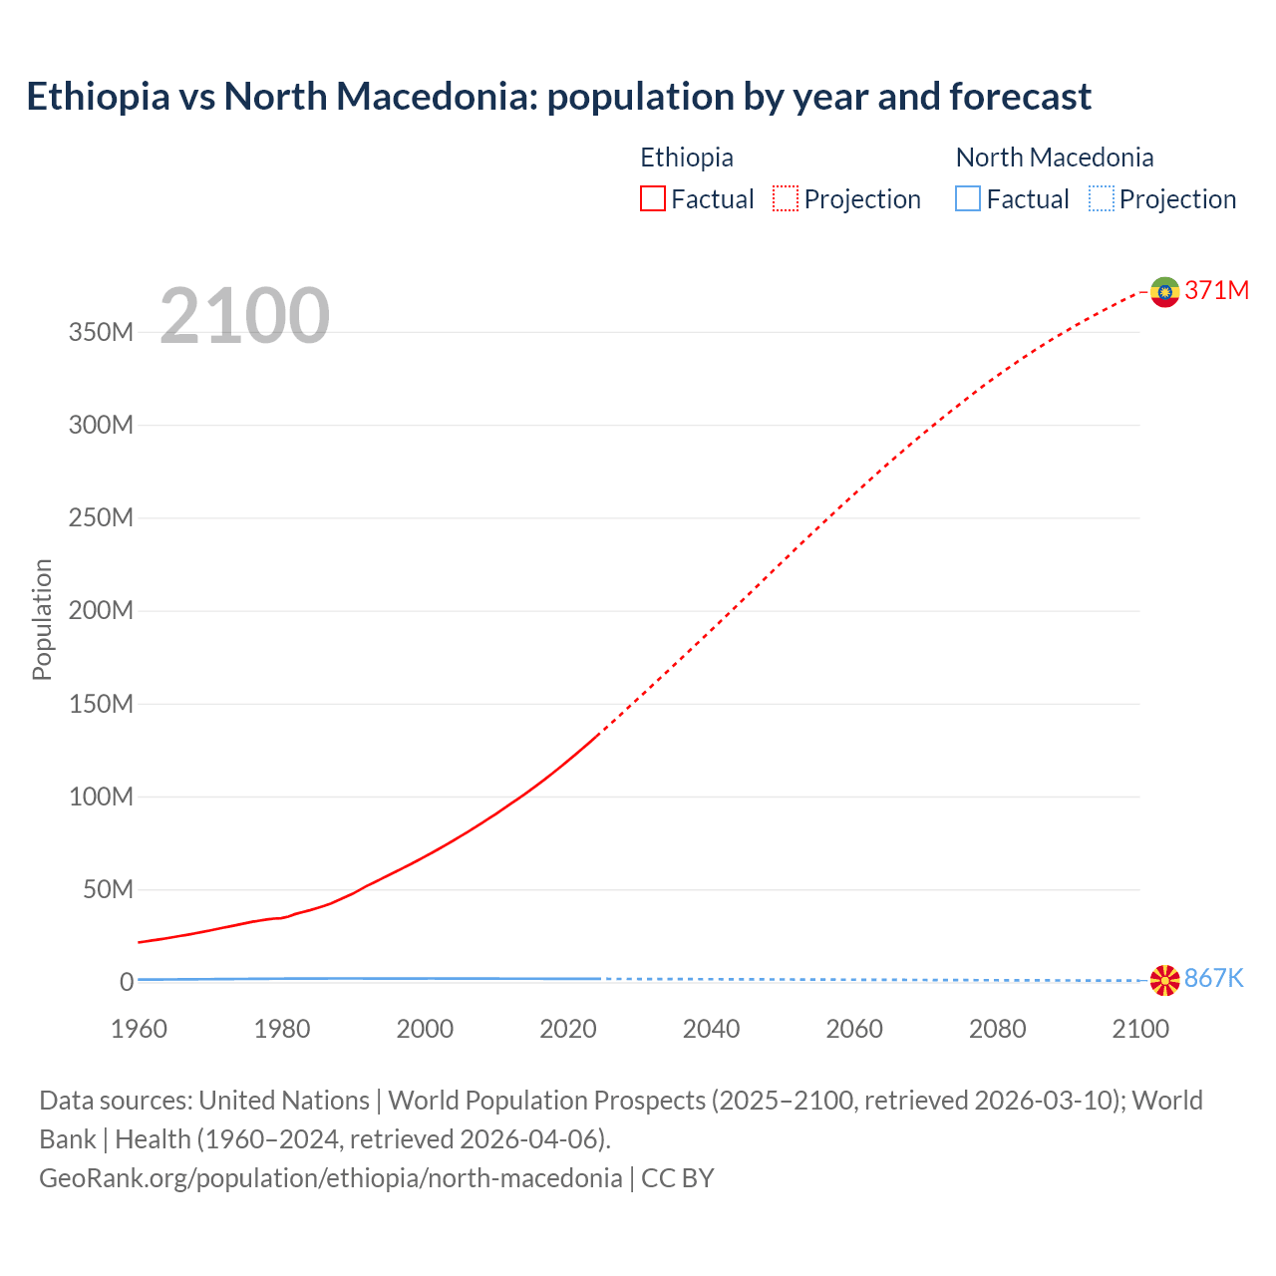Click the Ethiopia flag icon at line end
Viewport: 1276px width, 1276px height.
(1164, 291)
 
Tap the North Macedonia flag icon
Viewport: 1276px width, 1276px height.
(1164, 980)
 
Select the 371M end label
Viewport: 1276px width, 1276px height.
(1216, 290)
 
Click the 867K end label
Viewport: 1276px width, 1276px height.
(1213, 979)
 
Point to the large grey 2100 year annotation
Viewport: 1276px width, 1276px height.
(244, 315)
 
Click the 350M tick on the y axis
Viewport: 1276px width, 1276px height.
(101, 333)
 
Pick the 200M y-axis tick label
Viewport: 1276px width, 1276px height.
(101, 611)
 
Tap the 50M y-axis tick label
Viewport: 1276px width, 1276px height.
(108, 889)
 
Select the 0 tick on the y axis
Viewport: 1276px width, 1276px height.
(126, 982)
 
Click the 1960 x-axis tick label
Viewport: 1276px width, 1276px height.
(139, 1029)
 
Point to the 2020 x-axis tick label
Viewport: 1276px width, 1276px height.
(568, 1029)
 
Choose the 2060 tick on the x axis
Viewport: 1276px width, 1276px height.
(854, 1029)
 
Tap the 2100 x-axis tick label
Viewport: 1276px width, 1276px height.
(1140, 1029)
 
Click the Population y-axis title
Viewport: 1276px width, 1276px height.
(42, 619)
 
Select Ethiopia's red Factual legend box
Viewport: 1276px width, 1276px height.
(652, 199)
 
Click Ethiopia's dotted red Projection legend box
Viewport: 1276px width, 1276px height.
(786, 199)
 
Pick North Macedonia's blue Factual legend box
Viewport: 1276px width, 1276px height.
(968, 199)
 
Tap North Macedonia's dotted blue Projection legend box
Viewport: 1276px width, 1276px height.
(1101, 199)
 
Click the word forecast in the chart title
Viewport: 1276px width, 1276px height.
(1020, 97)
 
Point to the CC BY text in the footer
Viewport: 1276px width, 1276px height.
(678, 1178)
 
